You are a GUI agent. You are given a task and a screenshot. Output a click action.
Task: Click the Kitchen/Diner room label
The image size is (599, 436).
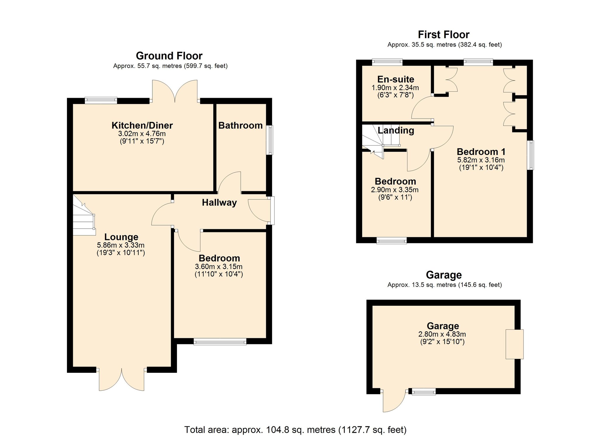coord(142,126)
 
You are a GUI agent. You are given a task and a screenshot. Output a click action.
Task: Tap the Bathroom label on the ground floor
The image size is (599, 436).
coord(240,126)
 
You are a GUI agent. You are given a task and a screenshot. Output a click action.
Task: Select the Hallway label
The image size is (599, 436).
coord(219,203)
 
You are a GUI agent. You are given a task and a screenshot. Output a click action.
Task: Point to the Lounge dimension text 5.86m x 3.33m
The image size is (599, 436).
coord(121,245)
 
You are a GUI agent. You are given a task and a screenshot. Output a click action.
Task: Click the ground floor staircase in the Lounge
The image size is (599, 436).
coord(84,217)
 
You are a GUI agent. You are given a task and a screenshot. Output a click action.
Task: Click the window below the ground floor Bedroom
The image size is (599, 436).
coord(220,341)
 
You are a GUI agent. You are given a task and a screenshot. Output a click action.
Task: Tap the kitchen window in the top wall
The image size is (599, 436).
coord(101,100)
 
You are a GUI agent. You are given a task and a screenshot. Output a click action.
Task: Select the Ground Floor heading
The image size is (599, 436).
coord(169,56)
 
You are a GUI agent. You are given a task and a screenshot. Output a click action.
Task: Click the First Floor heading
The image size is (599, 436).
coord(443,35)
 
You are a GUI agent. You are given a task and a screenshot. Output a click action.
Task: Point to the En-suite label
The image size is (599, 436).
coord(395,79)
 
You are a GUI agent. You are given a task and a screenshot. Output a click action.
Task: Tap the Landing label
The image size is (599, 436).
coord(396,130)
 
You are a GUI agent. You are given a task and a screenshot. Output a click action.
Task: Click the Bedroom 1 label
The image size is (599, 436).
coord(481,152)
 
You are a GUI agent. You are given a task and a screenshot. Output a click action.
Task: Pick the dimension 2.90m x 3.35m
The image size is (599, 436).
coord(395,190)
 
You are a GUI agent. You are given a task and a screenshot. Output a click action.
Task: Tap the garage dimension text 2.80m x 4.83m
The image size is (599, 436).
coord(442,334)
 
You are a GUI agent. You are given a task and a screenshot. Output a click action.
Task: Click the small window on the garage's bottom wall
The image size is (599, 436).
coord(424,391)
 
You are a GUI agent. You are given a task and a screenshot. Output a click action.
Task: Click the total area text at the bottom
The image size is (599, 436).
coord(295,430)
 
